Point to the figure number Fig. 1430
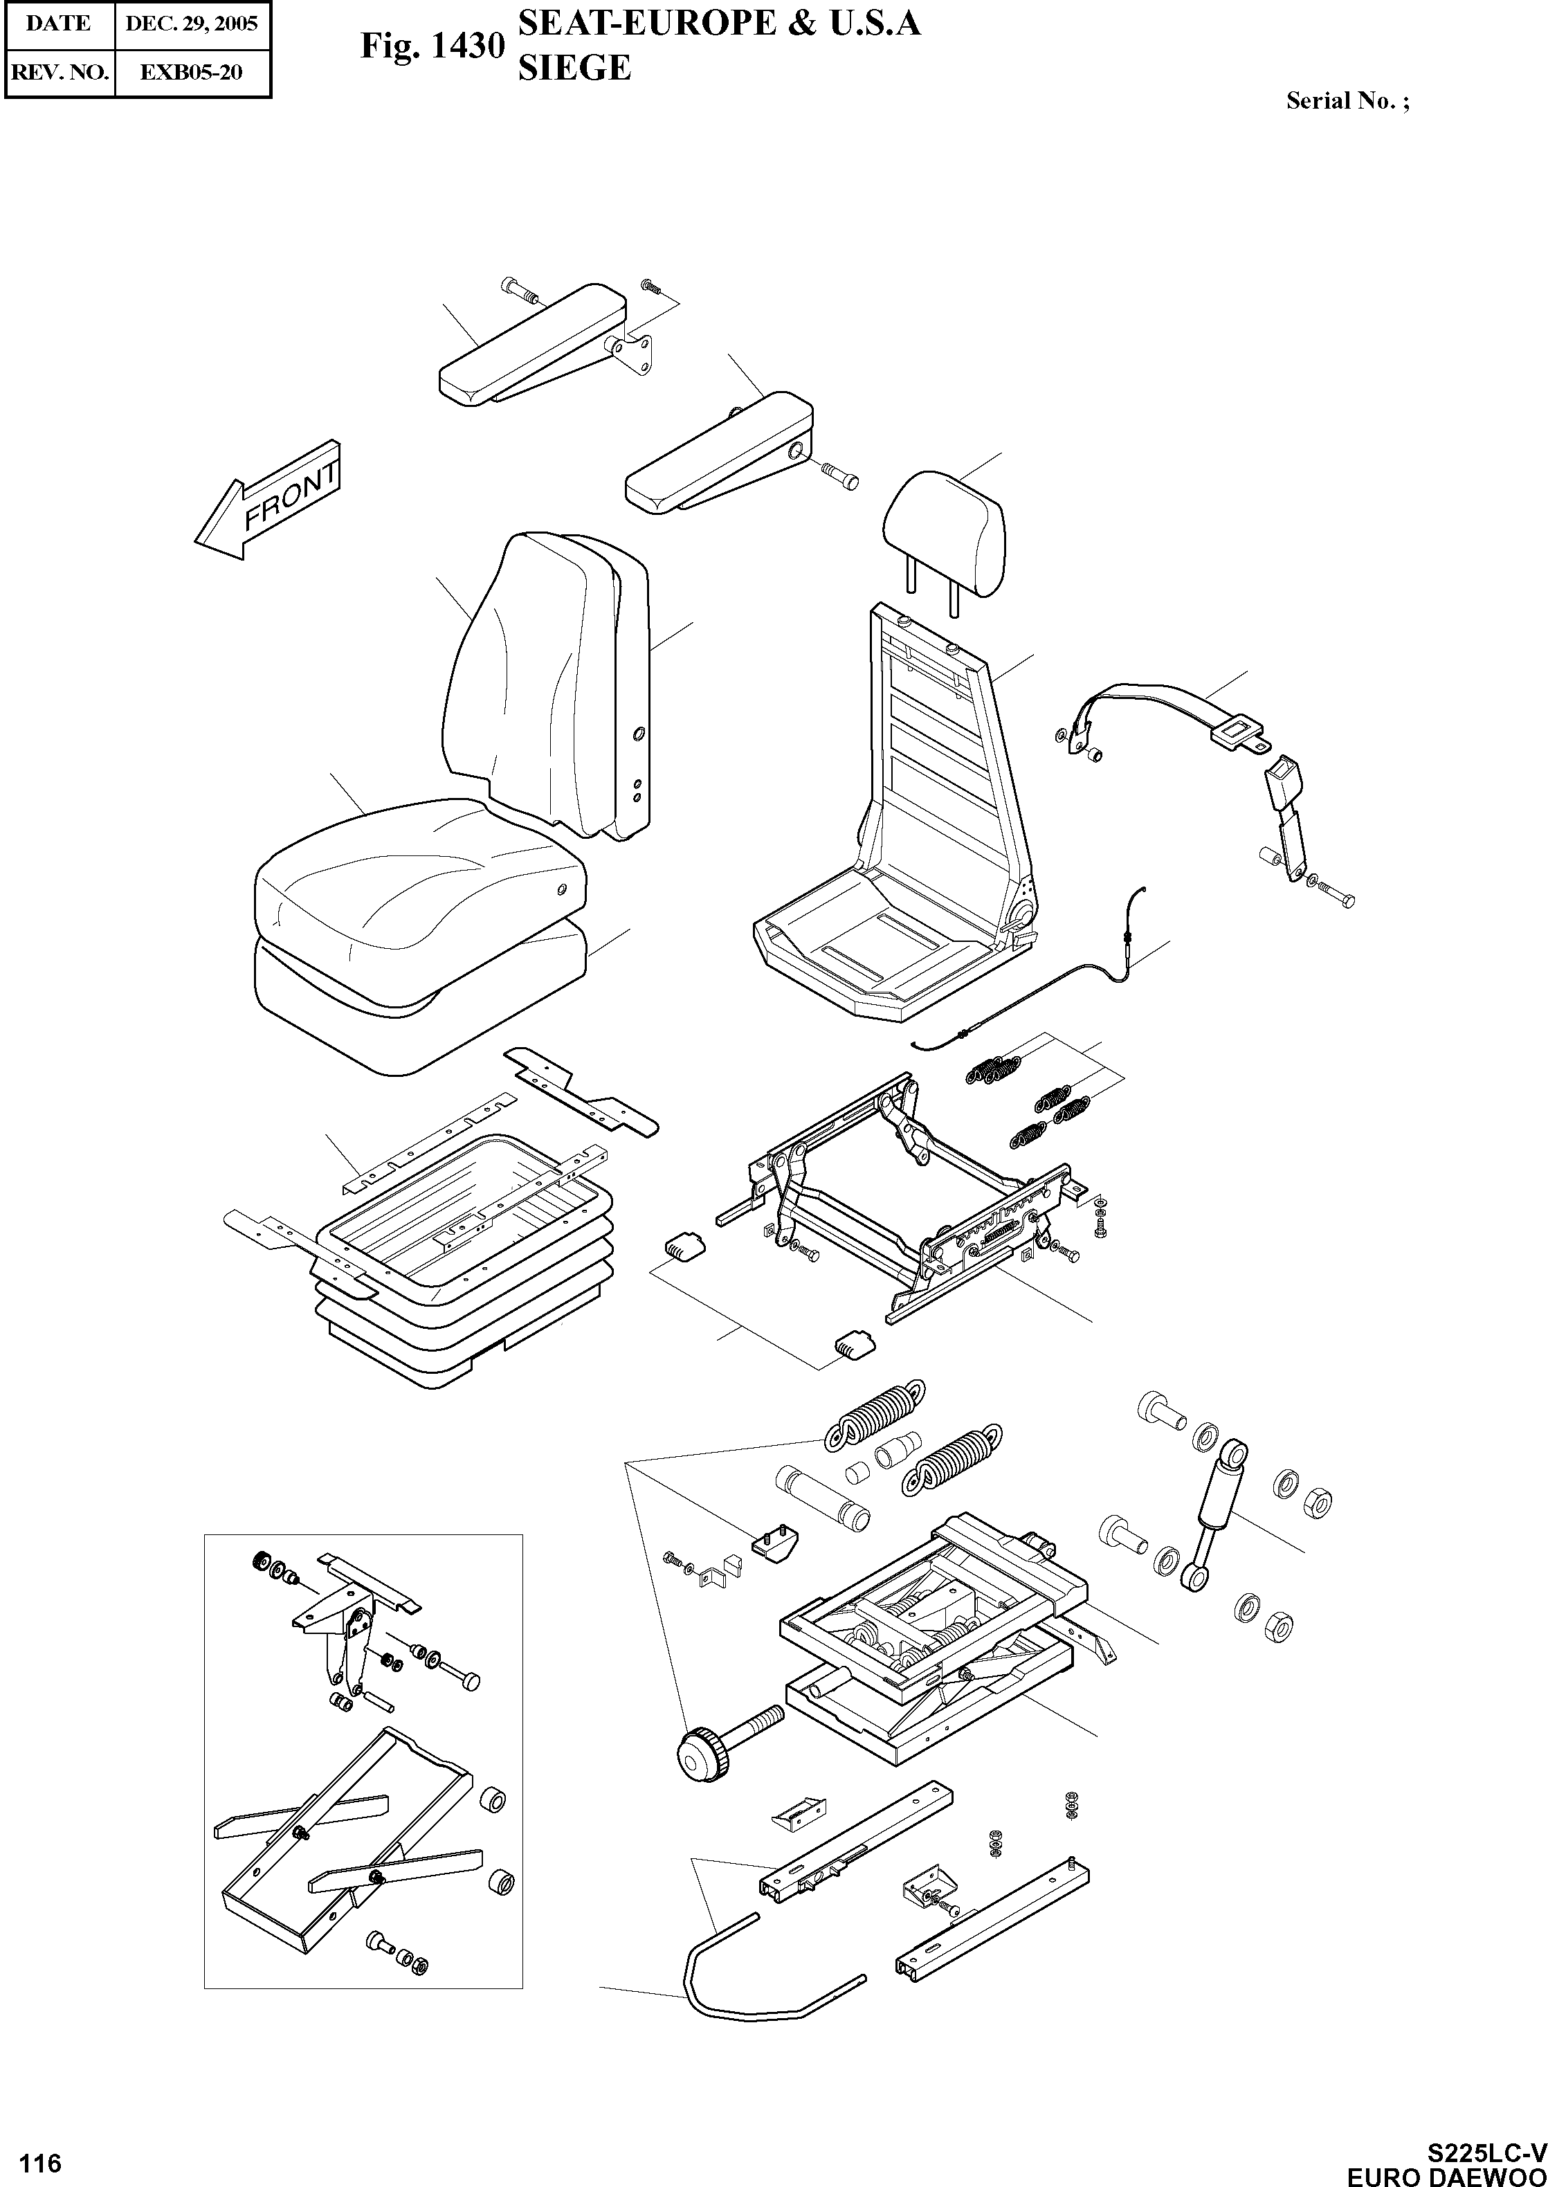point(432,45)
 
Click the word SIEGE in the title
point(574,68)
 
